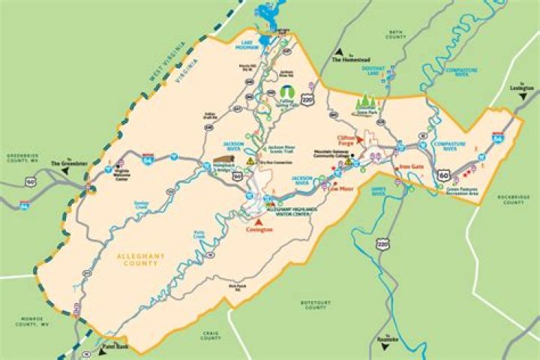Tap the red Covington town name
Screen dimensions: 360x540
tap(259, 231)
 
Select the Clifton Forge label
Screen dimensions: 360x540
tap(346, 139)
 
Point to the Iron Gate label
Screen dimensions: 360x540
tap(412, 166)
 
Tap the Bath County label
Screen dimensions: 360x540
tap(395, 35)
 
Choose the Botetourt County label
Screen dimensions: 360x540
tap(315, 305)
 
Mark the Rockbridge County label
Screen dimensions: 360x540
tap(513, 199)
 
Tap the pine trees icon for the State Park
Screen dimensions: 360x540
tap(367, 100)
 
